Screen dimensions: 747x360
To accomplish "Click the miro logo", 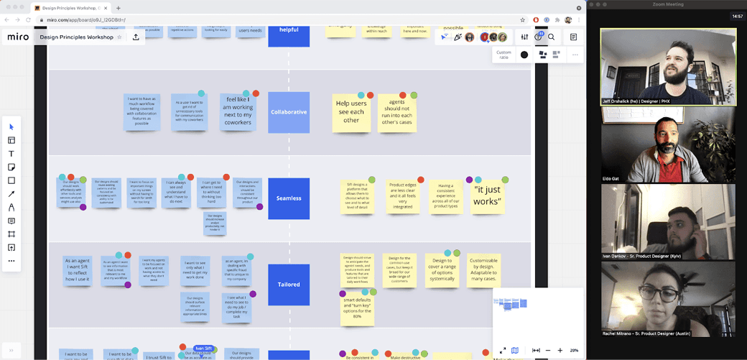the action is click(x=18, y=37).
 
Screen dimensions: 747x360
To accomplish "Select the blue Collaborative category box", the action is click(x=289, y=112).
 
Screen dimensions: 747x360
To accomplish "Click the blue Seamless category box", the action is click(x=289, y=198).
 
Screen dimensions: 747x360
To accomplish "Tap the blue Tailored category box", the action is click(x=289, y=285).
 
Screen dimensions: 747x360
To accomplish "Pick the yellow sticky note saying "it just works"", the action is click(x=488, y=196).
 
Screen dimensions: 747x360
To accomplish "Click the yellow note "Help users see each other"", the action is click(x=351, y=113).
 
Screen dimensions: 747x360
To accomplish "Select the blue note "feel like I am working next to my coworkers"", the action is click(x=238, y=113).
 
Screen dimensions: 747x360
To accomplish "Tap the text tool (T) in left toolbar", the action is click(x=11, y=154).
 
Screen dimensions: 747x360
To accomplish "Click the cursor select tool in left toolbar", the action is click(x=11, y=127).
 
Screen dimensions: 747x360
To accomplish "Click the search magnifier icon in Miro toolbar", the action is click(x=552, y=37).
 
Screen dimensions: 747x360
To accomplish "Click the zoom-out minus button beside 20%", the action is click(x=547, y=351).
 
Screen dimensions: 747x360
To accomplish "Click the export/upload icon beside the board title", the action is click(x=136, y=37).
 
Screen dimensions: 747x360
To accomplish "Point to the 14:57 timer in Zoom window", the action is click(x=737, y=16).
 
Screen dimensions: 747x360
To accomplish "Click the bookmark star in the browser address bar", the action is click(x=522, y=20).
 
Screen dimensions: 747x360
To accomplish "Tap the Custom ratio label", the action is click(x=504, y=55).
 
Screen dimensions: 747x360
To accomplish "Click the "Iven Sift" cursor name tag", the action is click(x=203, y=349).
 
